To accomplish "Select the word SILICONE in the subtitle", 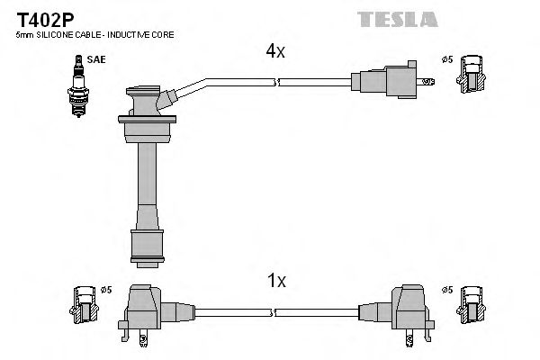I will pos(56,34).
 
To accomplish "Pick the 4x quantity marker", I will pos(275,52).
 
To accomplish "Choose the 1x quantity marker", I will pos(275,282).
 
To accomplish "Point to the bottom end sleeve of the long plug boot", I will pos(148,244).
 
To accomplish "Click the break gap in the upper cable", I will pos(276,82).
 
